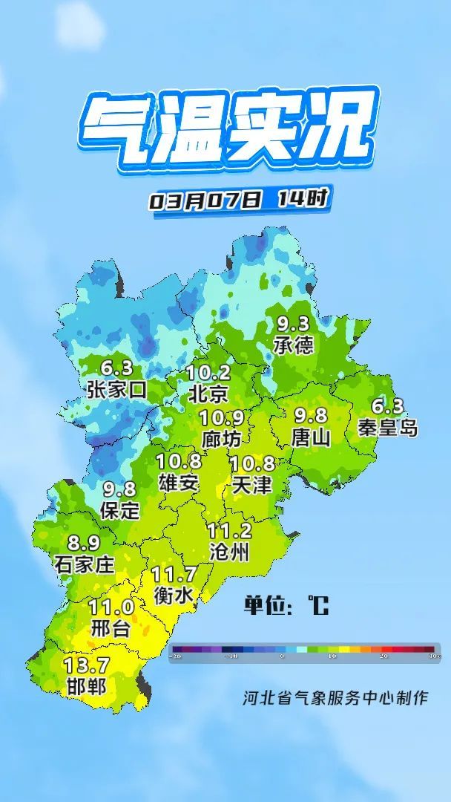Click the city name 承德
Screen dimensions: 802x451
click(293, 345)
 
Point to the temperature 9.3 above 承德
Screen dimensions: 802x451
click(293, 324)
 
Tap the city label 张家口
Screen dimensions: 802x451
click(116, 390)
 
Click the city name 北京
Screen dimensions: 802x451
click(208, 393)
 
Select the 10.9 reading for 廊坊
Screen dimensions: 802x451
click(221, 418)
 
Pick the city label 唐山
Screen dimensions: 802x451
click(311, 437)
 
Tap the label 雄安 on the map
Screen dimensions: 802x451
click(179, 483)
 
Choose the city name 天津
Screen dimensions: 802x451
click(251, 486)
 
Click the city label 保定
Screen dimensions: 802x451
click(119, 510)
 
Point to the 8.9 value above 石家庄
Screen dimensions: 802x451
click(84, 544)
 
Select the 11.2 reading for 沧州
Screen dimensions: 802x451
click(229, 531)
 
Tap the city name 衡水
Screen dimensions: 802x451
click(174, 595)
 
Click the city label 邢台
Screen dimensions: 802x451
click(111, 629)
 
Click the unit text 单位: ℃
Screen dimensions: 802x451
click(286, 605)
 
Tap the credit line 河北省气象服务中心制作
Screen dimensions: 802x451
click(335, 698)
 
